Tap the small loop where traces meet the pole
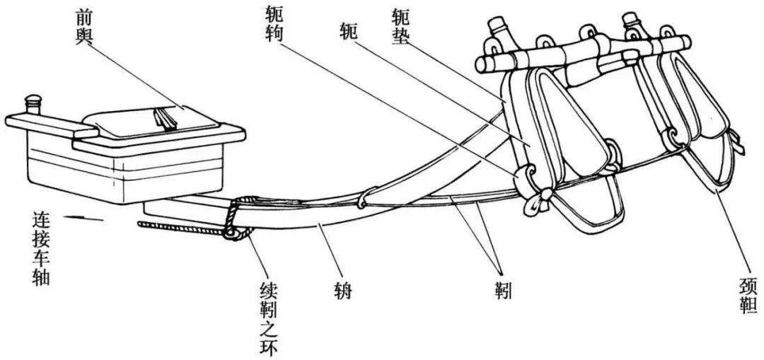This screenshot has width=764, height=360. click(x=363, y=204)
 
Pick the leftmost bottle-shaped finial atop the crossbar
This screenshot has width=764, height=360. click(x=501, y=32)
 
